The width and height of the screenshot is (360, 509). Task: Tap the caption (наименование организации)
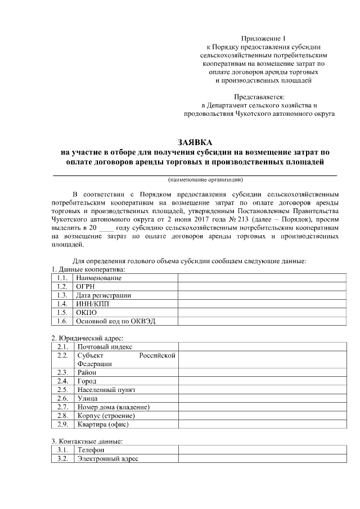205,180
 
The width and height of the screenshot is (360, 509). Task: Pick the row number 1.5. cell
62,313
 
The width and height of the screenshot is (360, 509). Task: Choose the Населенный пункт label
106,390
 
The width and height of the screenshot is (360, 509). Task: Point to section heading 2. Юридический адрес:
87,338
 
